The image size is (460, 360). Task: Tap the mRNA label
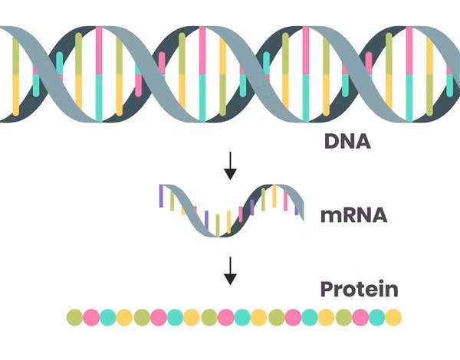click(x=353, y=214)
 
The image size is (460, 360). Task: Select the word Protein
click(x=359, y=290)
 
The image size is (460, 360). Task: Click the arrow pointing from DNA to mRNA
click(x=229, y=166)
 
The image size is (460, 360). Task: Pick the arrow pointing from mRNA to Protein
click(x=229, y=270)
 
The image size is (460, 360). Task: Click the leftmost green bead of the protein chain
click(x=74, y=317)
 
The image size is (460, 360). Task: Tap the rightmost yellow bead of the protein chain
click(x=393, y=317)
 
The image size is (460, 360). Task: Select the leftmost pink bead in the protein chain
click(x=91, y=317)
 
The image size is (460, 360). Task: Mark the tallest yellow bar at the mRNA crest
click(x=274, y=196)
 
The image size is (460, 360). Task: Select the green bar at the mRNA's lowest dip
click(x=218, y=224)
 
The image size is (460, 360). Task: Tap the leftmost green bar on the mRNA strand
click(x=172, y=201)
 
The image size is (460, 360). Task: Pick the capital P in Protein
click(x=326, y=290)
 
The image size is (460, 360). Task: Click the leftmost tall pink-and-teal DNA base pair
click(x=98, y=74)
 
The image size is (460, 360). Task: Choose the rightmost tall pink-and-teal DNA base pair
click(x=409, y=74)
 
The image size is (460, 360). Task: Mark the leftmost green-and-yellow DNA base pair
click(x=16, y=74)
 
